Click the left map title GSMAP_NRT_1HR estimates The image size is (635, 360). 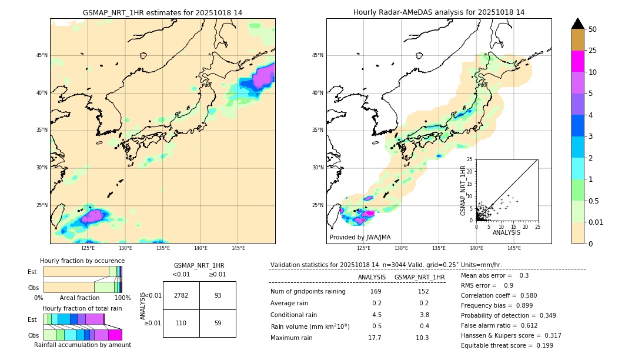162,12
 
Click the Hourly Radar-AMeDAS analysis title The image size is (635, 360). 439,12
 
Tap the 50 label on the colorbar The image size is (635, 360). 593,29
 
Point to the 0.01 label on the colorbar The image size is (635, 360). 596,222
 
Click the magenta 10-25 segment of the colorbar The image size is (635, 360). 578,61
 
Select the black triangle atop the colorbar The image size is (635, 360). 578,24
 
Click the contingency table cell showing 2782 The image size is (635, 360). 181,295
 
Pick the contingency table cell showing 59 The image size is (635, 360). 218,323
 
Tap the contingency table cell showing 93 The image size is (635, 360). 218,295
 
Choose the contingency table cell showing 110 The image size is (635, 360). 181,323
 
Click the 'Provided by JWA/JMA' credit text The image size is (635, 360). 360,238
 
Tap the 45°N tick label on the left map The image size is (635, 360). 42,55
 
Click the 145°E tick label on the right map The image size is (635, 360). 514,248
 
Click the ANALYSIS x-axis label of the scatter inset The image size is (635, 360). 506,232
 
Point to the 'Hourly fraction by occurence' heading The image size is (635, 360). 82,261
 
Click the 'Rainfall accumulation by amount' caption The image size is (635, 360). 82,345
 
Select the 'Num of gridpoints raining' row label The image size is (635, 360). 308,292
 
